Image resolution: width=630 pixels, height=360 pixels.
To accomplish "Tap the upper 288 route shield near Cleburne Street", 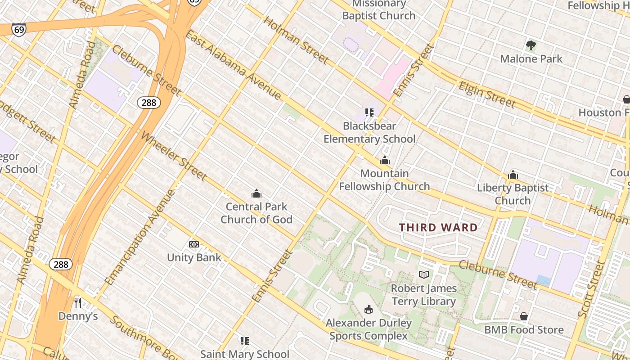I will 148,103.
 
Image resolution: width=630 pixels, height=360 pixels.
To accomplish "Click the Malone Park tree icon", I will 531,45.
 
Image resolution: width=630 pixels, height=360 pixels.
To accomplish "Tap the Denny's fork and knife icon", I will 78,302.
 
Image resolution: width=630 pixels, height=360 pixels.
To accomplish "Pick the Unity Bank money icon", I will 194,244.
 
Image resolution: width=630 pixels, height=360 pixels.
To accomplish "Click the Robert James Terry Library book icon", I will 423,274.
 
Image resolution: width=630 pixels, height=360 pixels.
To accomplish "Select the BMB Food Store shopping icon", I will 523,316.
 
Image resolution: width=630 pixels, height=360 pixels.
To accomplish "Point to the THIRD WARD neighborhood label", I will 438,228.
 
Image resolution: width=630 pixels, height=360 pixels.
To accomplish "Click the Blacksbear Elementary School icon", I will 369,112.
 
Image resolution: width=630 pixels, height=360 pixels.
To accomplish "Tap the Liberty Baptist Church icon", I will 513,175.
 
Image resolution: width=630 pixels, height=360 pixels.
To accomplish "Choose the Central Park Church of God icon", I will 256,193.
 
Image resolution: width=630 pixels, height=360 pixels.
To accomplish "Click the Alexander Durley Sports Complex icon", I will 369,309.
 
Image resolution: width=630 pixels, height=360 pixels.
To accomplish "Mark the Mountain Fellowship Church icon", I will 384,160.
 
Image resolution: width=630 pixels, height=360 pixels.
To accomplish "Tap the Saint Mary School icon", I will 244,341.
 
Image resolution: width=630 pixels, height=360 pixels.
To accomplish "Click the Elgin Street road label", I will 487,95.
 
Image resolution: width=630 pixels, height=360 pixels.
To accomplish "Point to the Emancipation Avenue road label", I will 139,237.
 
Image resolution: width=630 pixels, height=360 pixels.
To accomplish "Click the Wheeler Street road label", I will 174,156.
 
